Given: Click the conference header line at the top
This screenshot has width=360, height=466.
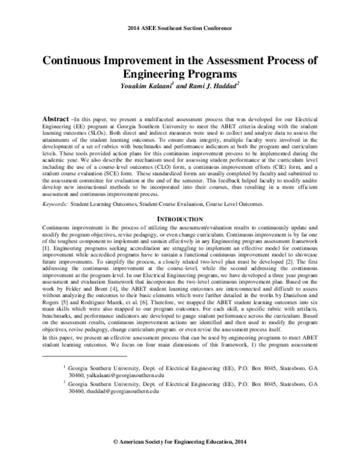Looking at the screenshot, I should click(x=180, y=29).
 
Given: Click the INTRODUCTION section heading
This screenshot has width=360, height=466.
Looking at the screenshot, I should click(x=180, y=219).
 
